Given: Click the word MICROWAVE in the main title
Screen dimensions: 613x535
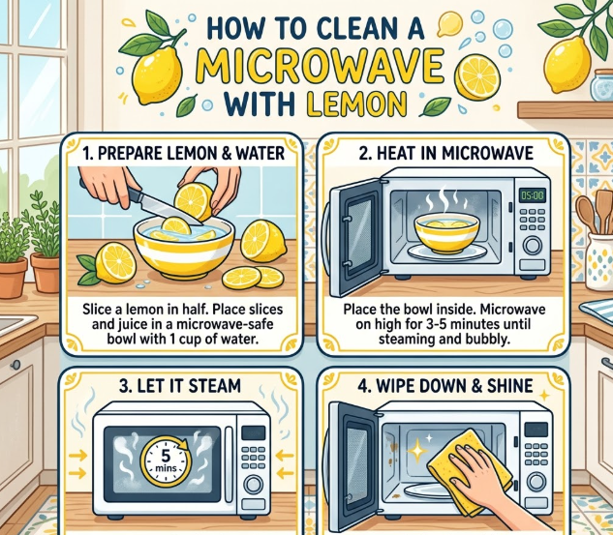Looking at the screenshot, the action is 320,68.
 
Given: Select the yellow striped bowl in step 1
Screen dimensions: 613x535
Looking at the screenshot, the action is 184,247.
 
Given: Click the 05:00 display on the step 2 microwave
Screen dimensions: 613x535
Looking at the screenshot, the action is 532,194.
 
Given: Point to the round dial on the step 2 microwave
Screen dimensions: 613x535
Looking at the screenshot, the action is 533,246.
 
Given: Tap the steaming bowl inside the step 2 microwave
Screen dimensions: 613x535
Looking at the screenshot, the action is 446,232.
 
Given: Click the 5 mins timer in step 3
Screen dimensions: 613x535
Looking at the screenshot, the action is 166,461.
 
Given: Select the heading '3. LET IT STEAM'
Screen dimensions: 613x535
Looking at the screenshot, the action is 180,386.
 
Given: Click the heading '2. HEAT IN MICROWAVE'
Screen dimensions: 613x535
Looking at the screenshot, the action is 446,153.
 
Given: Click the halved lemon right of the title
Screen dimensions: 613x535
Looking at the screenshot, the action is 477,77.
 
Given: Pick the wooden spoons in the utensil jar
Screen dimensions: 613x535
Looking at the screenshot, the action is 595,213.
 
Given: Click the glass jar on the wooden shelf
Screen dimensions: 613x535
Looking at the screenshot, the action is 601,85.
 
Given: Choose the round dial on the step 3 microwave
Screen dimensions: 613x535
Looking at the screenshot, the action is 254,485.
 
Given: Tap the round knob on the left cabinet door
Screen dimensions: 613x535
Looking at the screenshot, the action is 15,365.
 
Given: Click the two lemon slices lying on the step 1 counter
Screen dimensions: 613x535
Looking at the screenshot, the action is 253,278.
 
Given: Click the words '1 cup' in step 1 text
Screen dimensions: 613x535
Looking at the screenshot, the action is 187,339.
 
